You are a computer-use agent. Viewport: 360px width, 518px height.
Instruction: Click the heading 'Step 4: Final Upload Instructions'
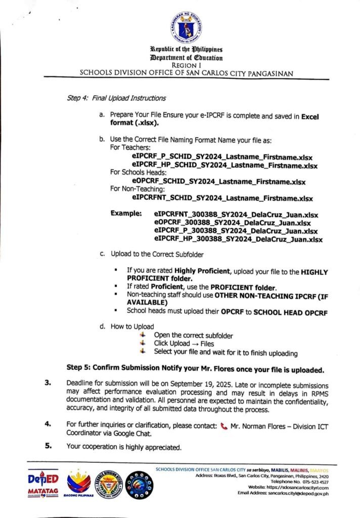click(x=116, y=98)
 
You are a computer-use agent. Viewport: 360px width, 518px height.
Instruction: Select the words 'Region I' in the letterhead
click(x=186, y=65)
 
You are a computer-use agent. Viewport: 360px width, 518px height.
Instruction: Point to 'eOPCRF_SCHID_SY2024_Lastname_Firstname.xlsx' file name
click(x=218, y=181)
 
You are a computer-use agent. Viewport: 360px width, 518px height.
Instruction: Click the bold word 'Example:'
click(x=126, y=214)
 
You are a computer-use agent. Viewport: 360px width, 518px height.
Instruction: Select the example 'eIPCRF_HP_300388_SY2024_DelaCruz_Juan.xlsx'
click(x=238, y=239)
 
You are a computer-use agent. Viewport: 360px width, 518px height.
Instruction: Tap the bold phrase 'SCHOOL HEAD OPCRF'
click(x=290, y=312)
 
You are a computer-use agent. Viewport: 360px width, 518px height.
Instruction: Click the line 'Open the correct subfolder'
click(x=194, y=335)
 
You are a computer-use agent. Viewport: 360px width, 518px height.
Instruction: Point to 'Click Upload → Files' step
click(x=185, y=343)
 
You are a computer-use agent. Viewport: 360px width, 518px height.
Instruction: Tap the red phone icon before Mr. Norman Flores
click(x=224, y=426)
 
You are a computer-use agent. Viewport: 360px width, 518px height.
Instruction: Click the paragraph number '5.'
click(x=49, y=446)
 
